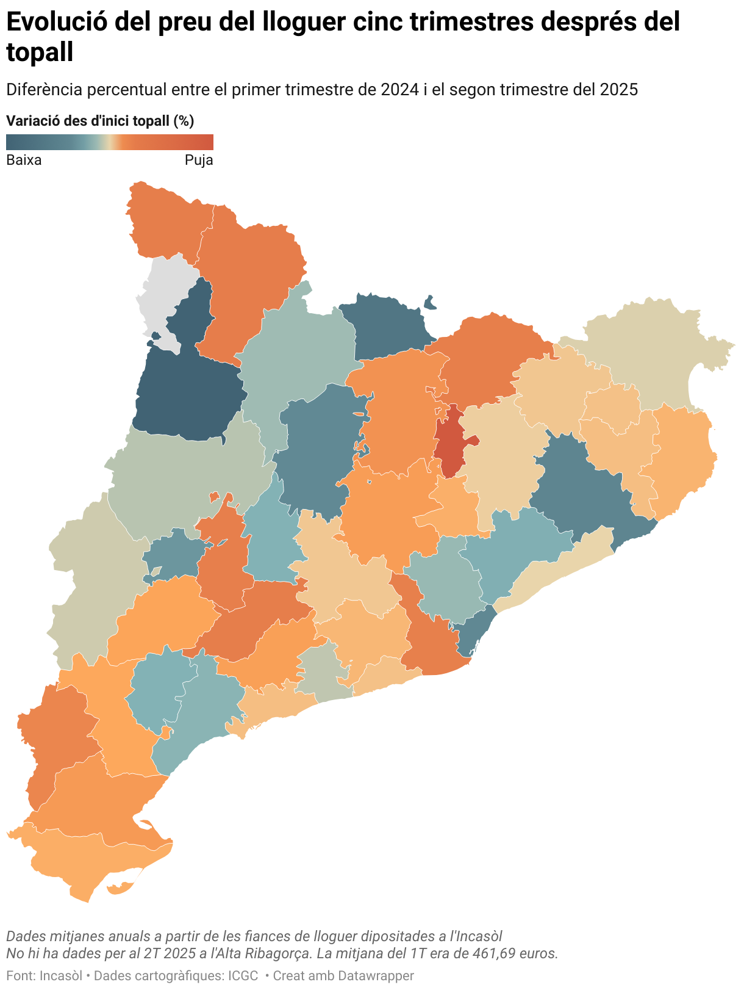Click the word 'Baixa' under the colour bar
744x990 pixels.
(x=24, y=161)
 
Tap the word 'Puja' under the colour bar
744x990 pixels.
(x=199, y=161)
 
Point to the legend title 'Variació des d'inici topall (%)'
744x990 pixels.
(x=100, y=121)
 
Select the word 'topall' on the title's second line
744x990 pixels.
(x=40, y=52)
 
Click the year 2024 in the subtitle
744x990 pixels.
(x=400, y=90)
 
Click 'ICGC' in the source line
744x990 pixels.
(x=243, y=975)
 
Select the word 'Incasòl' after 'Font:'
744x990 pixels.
(x=61, y=975)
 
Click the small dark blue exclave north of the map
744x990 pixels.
(x=430, y=302)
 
